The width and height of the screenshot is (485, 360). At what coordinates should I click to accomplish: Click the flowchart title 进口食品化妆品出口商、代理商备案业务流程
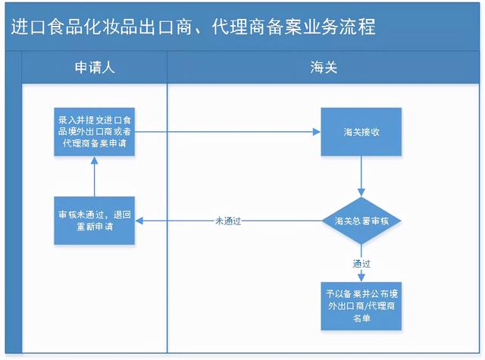coord(193,27)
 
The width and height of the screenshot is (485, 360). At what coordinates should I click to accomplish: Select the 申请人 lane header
coord(95,67)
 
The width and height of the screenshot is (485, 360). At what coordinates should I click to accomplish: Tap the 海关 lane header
coord(324,67)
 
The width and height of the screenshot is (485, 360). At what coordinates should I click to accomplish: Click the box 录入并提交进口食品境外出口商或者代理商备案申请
coord(94,132)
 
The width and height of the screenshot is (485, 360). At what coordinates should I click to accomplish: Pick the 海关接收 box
coord(361,132)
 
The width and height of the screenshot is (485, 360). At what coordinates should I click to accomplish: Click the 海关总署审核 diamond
coord(361,221)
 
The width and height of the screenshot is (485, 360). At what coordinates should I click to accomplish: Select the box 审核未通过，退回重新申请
coord(94,221)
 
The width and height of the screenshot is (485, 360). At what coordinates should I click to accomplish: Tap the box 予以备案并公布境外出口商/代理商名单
coord(361,306)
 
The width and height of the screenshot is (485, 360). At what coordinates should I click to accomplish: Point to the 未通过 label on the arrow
coord(228,221)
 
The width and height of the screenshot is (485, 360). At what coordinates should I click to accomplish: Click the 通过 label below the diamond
coord(361,264)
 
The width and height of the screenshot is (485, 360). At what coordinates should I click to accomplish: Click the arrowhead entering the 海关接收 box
coord(317,132)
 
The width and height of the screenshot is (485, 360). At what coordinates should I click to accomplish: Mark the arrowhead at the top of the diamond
coord(361,193)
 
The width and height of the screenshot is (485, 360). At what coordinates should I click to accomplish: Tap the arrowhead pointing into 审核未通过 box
coord(139,221)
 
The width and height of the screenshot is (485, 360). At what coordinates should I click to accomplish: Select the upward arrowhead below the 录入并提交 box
coord(94,160)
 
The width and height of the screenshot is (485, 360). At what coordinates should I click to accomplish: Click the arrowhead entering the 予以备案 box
coord(361,277)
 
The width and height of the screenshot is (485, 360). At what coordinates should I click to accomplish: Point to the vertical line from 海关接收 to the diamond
coord(361,172)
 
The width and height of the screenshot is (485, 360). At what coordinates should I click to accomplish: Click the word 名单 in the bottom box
coord(361,318)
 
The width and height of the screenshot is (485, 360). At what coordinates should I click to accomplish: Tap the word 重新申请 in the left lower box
coord(95,227)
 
